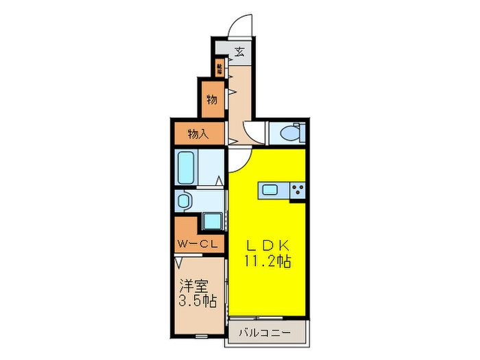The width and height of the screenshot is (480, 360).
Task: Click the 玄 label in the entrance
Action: (240, 51)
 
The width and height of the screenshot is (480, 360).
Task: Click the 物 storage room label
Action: (212, 99)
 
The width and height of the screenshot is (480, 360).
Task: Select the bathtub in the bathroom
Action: (187, 167)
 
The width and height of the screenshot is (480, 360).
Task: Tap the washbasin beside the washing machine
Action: (184, 201)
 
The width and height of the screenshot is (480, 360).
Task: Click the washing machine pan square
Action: (213, 221)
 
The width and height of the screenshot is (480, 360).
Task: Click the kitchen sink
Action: (269, 190)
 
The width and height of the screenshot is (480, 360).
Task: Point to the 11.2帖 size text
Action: (267, 261)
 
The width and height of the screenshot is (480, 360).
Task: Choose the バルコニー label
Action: (265, 333)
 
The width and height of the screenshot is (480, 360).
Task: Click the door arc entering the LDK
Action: (238, 161)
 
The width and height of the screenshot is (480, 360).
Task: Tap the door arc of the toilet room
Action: (254, 134)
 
